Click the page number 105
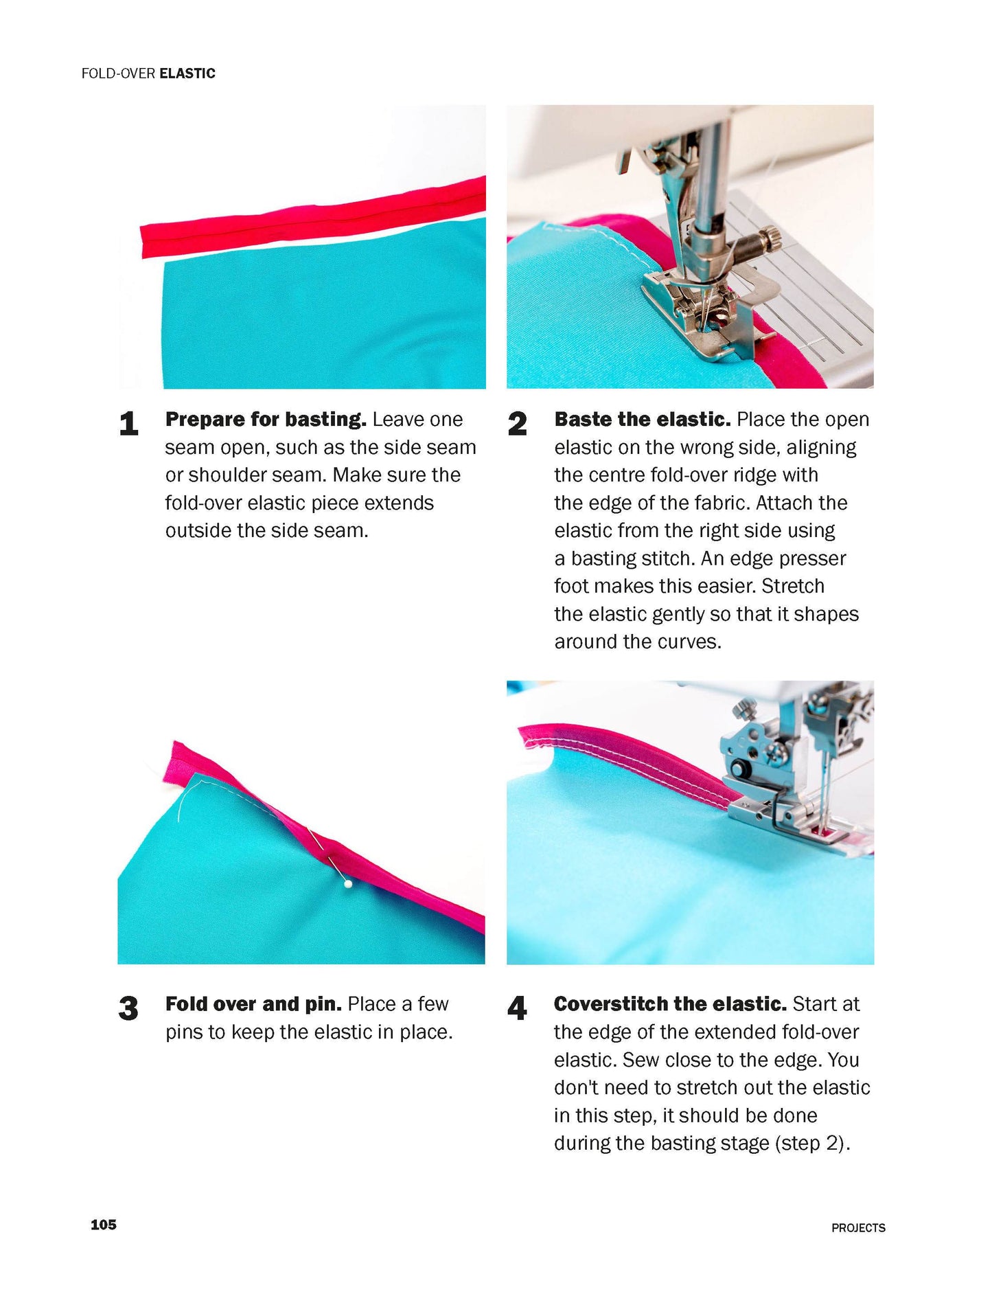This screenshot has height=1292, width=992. point(103,1224)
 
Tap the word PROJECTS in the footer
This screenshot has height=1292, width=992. point(858,1227)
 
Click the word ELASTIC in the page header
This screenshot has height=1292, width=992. point(187,73)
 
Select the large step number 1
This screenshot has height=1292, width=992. point(128,423)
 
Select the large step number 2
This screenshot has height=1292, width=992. point(517,423)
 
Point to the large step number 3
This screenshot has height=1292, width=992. point(128,1008)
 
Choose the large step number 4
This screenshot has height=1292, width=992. point(517,1008)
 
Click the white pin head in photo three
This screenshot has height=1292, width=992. point(348,885)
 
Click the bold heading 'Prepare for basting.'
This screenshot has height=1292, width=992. point(266,419)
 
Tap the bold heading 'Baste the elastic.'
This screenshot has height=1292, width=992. point(642,419)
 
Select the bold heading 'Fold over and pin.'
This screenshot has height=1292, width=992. point(253,1004)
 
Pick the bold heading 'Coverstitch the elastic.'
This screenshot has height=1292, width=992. point(669,1004)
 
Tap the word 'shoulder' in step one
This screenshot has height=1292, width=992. point(227,475)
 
